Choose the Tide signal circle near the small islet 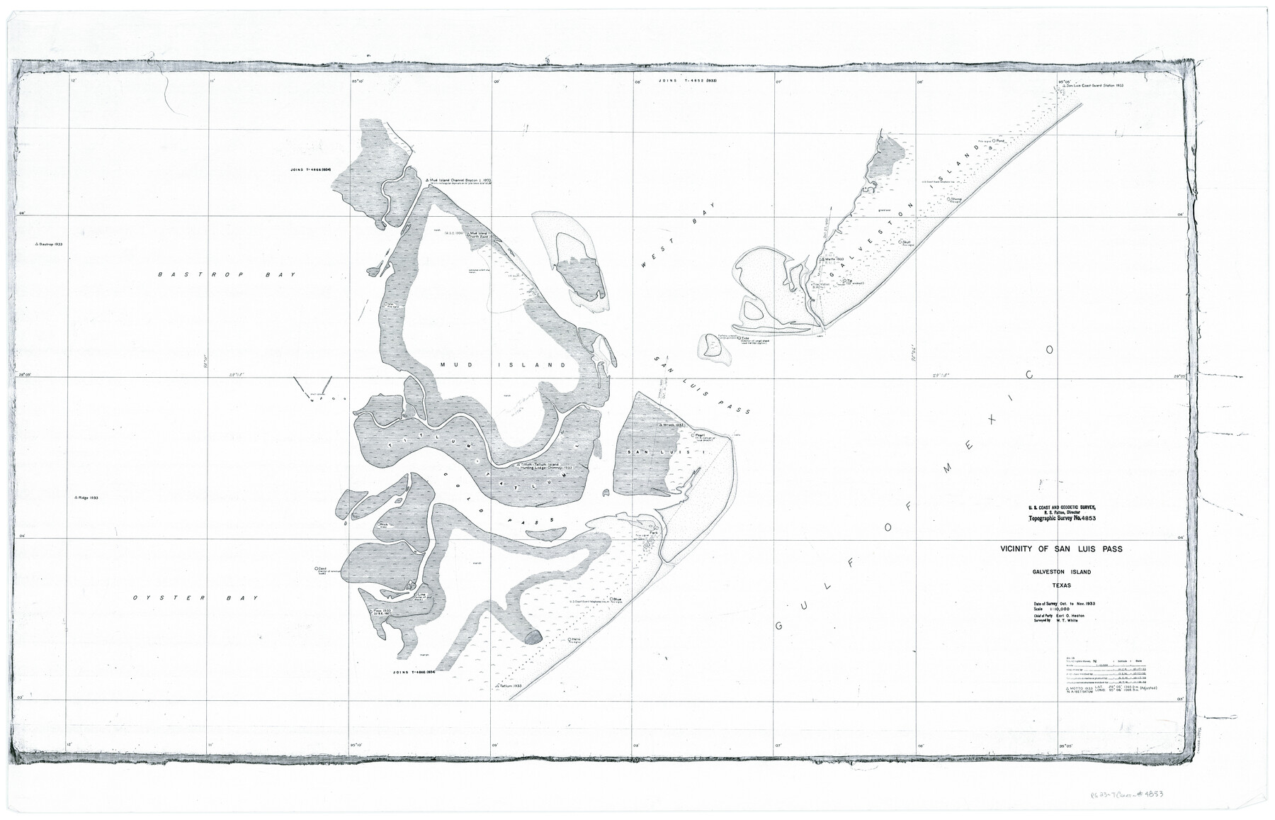(738, 339)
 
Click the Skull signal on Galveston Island (900, 242)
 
